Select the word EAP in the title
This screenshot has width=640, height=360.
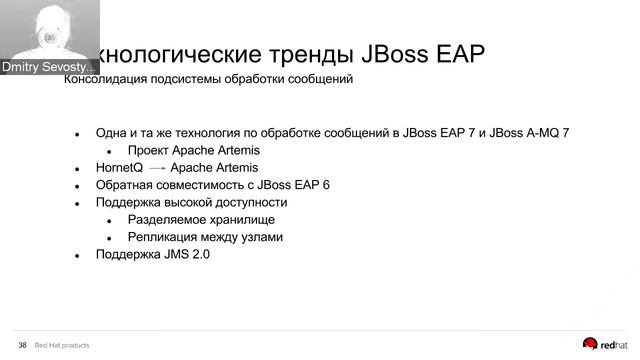coord(454,53)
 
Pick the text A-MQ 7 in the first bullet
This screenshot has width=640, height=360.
coord(544,133)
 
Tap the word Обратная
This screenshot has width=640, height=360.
coord(124,186)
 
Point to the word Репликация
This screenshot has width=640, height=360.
coord(163,238)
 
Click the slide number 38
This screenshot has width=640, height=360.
coord(22,345)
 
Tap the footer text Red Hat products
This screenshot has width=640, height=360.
coord(62,345)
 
